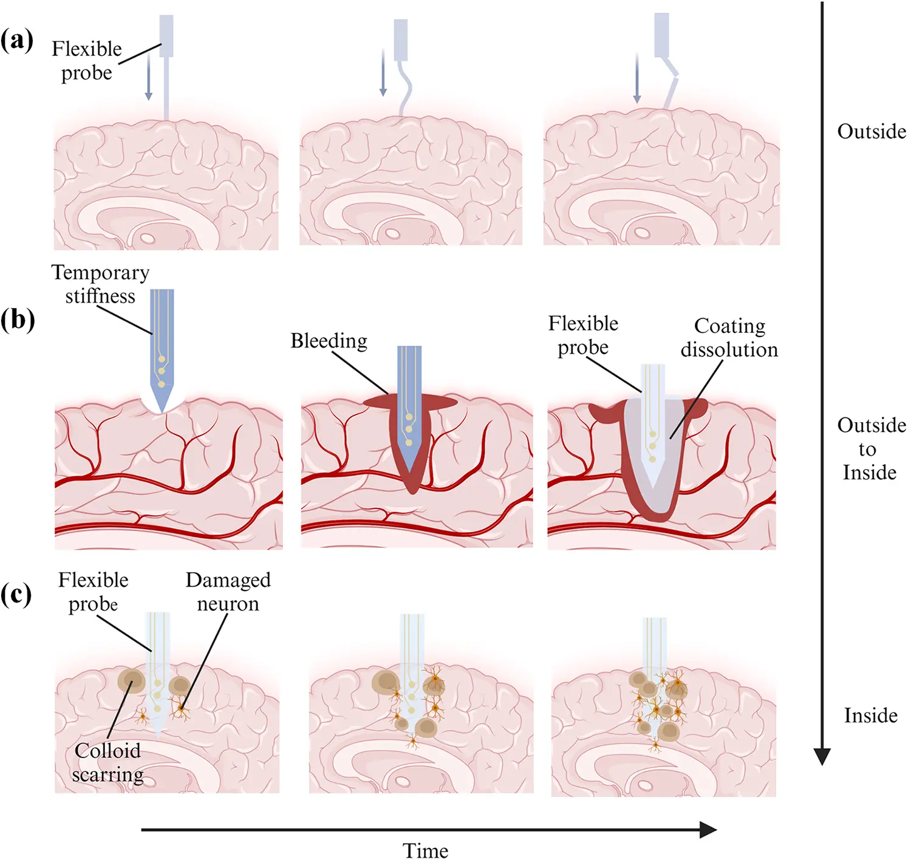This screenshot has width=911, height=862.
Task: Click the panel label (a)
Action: click(17, 41)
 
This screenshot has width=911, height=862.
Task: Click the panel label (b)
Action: click(17, 320)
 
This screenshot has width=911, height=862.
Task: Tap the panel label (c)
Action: click(16, 595)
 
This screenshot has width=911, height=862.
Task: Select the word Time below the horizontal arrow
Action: click(425, 850)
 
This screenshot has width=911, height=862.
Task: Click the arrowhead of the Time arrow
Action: click(708, 829)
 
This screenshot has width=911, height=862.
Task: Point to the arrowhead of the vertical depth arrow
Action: click(822, 756)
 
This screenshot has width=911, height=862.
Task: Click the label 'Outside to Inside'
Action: click(871, 449)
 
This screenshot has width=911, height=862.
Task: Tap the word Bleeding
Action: click(329, 341)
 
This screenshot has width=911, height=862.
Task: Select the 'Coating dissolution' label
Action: click(729, 338)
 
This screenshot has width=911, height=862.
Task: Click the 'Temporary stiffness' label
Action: click(100, 284)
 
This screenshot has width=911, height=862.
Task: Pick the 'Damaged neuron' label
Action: click(228, 592)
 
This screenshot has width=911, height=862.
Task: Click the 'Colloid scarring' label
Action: click(107, 762)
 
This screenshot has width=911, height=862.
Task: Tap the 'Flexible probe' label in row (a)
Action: click(87, 61)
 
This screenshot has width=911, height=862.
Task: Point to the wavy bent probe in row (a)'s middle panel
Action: click(404, 85)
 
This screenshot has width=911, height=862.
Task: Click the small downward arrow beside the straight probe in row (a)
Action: click(148, 79)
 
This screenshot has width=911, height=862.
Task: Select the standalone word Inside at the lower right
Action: click(870, 716)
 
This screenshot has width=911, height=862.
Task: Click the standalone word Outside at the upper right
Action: click(871, 131)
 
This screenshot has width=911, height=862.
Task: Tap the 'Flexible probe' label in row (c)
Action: click(93, 592)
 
